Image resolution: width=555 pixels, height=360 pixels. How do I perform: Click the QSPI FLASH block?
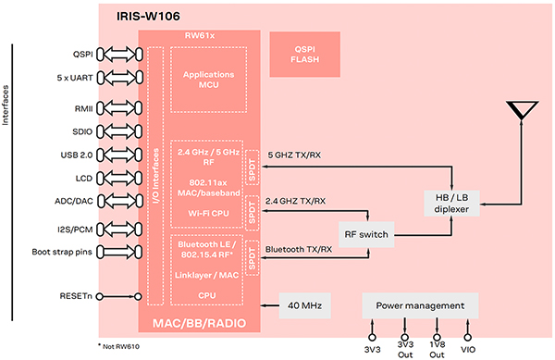coord(305,56)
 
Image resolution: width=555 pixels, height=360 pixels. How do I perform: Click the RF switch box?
coord(364,236)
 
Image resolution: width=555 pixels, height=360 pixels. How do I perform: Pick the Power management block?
coord(420,304)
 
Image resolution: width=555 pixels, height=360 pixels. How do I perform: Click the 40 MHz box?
coord(304,304)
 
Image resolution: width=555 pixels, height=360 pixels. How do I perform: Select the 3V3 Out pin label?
coord(404,349)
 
